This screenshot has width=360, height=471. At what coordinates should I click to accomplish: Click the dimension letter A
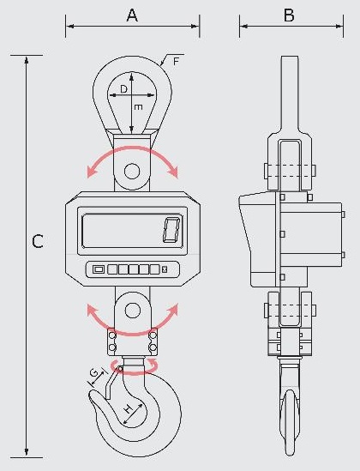[x=132, y=15]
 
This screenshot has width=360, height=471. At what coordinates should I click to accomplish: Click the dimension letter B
[x=289, y=15]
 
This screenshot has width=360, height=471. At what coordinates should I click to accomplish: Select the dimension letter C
[x=38, y=241]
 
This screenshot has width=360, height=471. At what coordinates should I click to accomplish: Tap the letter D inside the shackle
[x=123, y=89]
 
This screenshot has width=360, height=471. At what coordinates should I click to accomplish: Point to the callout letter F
[x=176, y=62]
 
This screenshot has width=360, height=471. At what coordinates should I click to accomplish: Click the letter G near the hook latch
[x=94, y=373]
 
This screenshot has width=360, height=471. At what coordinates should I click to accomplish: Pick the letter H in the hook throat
[x=129, y=408]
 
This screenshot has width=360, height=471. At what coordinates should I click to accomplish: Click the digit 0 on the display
[x=171, y=230]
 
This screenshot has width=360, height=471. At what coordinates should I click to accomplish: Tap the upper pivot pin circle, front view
[x=132, y=172]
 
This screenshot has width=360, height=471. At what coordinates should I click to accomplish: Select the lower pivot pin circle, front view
[x=132, y=311]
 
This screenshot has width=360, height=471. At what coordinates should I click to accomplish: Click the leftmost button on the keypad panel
[x=98, y=269]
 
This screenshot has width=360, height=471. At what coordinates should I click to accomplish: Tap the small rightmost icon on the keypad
[x=165, y=269]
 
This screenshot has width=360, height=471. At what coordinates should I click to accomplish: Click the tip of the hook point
[x=89, y=397]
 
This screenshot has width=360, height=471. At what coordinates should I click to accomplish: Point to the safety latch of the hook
[x=111, y=383]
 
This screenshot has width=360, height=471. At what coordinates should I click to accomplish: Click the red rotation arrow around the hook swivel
[x=135, y=367]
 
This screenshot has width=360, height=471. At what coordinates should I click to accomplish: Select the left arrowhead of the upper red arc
[x=91, y=172]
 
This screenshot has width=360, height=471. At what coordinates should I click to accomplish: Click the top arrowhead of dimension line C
[x=27, y=60]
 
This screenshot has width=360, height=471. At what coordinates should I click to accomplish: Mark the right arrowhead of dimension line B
[x=339, y=27]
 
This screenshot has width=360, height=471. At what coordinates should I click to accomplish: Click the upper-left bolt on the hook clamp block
[x=112, y=335]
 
